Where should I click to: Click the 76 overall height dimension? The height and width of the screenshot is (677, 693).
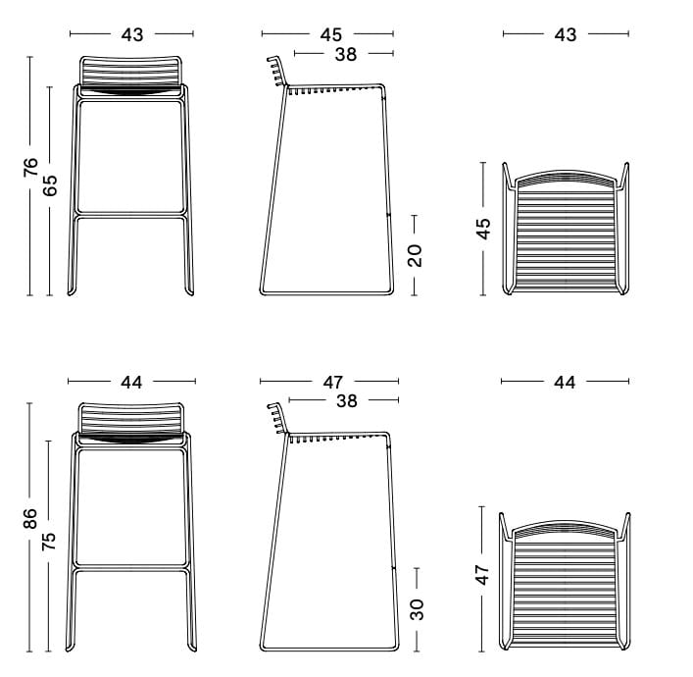click(x=31, y=167)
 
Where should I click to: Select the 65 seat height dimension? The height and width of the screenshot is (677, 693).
click(x=50, y=185)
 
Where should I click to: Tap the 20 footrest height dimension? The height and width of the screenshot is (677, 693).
click(x=415, y=255)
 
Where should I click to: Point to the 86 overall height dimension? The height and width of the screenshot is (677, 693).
click(x=30, y=518)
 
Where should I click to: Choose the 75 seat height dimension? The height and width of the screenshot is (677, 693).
click(x=49, y=541)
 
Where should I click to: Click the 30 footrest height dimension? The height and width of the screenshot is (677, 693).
click(x=417, y=609)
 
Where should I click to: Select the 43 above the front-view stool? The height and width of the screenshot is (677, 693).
click(x=132, y=35)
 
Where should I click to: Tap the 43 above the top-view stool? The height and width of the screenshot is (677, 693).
click(x=566, y=35)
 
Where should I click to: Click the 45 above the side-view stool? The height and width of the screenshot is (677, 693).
click(x=331, y=35)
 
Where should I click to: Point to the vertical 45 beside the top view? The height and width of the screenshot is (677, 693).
click(x=484, y=229)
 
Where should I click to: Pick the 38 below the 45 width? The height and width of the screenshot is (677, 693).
click(x=346, y=54)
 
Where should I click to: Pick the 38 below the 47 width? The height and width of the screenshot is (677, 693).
click(x=347, y=401)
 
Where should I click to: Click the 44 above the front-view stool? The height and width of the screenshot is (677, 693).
click(x=131, y=383)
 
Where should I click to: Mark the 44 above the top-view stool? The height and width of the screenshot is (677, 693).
click(x=565, y=383)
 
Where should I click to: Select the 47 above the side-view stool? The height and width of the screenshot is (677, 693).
click(x=332, y=383)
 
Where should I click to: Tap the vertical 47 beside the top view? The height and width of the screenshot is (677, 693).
click(x=482, y=574)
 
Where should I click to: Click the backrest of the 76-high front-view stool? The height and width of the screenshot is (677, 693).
click(x=130, y=72)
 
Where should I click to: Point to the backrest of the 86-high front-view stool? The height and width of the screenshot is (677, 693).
click(x=130, y=418)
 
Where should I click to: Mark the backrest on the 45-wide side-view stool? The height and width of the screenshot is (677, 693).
click(x=277, y=71)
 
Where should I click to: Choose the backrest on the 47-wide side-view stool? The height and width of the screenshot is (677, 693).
click(x=277, y=418)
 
